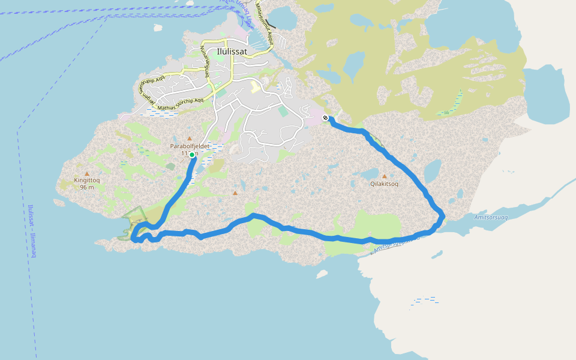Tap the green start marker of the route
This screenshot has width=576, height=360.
tap(192, 155)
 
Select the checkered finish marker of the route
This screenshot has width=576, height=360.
tap(325, 118)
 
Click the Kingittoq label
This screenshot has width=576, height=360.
tap(87, 180)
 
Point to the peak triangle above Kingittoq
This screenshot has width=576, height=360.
tap(87, 173)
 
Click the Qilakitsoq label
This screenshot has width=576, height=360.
tap(385, 184)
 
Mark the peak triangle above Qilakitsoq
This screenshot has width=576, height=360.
tap(385, 176)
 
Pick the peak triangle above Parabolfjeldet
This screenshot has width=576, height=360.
tap(190, 139)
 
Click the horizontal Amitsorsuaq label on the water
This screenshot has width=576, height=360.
tap(490, 217)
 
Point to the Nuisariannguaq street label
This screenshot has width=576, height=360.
tap(205, 59)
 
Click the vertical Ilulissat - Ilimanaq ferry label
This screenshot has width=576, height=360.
tap(32, 231)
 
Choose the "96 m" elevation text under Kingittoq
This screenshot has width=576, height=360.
tap(87, 187)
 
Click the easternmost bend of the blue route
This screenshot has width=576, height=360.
tap(443, 217)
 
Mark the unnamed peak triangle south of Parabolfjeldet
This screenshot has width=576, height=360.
tap(235, 193)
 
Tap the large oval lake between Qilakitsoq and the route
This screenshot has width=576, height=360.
tap(432, 171)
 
